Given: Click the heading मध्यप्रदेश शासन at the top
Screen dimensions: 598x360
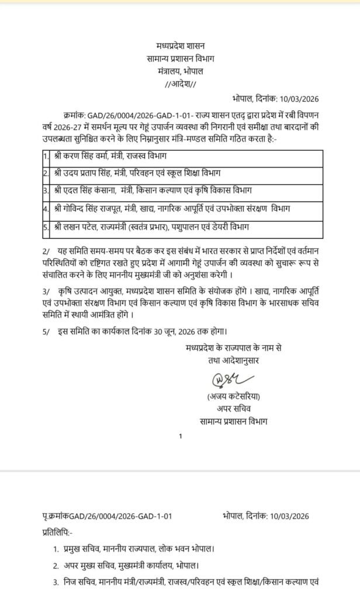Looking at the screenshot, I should [180, 46].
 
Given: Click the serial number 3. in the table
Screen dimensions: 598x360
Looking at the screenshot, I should [46, 190].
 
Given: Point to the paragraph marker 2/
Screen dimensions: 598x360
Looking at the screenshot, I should [46, 250].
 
